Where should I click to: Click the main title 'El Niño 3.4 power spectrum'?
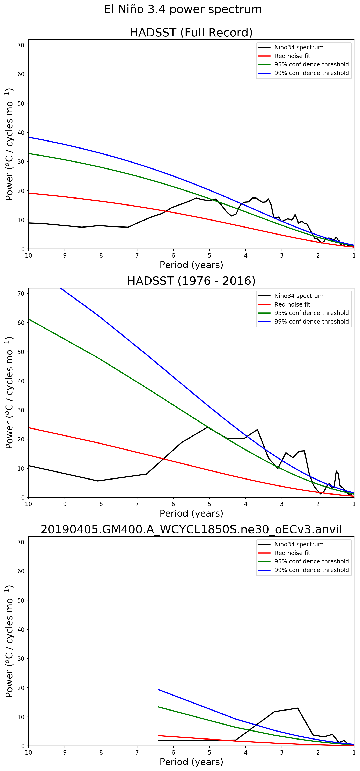(x=183, y=9)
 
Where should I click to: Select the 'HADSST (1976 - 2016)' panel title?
(x=191, y=281)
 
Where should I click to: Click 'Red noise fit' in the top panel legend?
(x=292, y=56)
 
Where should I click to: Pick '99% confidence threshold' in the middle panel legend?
(x=311, y=322)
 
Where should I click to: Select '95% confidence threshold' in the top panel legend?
(x=311, y=64)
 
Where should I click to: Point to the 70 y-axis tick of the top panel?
(x=21, y=45)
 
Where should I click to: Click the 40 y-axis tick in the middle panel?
(x=21, y=381)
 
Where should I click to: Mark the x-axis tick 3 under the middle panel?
(x=282, y=504)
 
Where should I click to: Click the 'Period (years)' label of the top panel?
(x=191, y=265)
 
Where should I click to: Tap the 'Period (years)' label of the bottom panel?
(x=191, y=762)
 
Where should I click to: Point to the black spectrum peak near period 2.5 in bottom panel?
(x=297, y=708)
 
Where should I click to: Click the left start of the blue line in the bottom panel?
(x=158, y=690)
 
